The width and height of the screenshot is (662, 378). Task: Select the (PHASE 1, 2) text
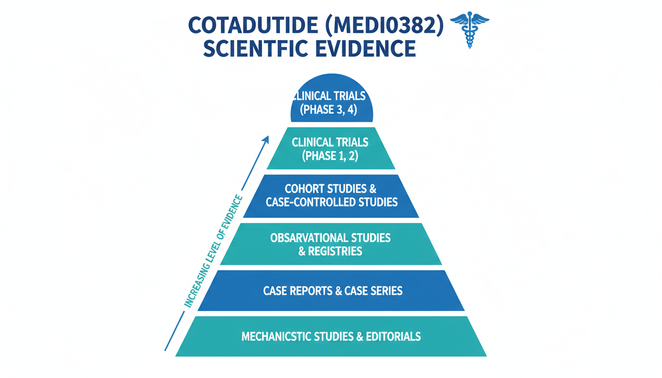point(330,156)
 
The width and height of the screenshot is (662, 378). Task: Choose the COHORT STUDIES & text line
point(330,189)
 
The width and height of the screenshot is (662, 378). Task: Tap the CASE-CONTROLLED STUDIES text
point(331,202)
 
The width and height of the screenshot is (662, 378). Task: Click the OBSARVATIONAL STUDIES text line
point(330,238)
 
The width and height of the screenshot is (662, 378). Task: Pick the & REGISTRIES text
point(330,252)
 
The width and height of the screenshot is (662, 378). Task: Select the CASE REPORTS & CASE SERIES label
point(332,291)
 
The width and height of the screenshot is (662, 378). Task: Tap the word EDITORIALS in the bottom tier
point(394,337)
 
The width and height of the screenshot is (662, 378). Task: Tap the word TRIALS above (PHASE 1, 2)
point(350,143)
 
